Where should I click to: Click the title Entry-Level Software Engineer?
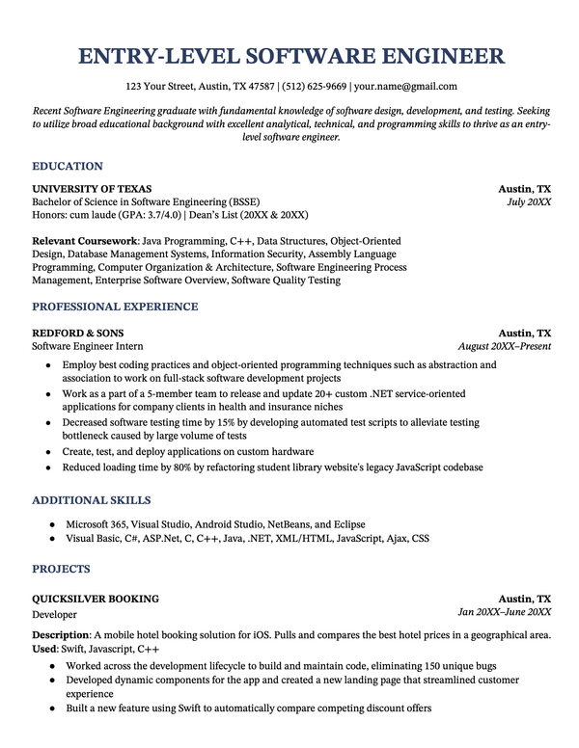click(x=289, y=55)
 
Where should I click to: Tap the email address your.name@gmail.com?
click(x=406, y=86)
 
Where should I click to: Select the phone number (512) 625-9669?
click(x=315, y=86)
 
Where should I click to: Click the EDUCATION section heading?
click(x=68, y=166)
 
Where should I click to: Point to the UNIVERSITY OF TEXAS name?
click(x=92, y=189)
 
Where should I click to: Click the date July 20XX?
click(x=529, y=202)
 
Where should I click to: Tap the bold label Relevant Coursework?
click(x=85, y=240)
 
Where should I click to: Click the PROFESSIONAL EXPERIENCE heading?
click(x=115, y=307)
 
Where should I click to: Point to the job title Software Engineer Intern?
click(x=88, y=346)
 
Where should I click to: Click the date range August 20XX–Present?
click(x=505, y=346)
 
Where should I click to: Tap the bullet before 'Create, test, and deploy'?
click(x=48, y=452)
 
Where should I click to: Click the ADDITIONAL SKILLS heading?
click(x=92, y=500)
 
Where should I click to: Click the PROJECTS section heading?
click(x=61, y=569)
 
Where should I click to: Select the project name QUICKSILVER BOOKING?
click(x=96, y=599)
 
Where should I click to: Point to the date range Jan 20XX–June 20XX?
click(x=504, y=612)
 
